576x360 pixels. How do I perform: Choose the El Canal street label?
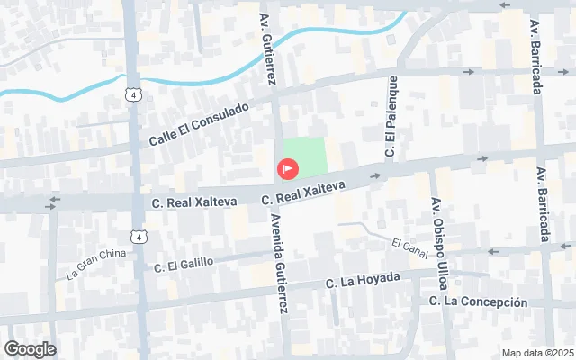(409, 244)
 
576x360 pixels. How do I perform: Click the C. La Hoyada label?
(363, 280)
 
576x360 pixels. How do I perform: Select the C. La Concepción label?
(478, 301)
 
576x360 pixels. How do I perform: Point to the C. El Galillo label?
(184, 264)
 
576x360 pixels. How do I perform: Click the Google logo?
(29, 349)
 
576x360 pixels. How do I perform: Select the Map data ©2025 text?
(536, 353)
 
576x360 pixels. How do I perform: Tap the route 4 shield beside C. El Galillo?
(137, 237)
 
